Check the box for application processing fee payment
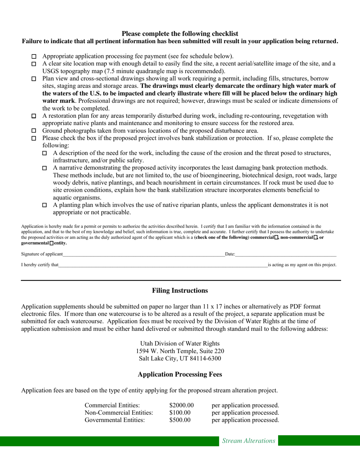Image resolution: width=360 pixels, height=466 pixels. tap(34, 57)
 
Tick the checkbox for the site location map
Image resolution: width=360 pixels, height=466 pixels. tap(34, 64)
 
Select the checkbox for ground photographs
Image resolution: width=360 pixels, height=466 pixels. tap(34, 131)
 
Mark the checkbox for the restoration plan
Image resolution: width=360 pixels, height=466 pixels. tap(34, 116)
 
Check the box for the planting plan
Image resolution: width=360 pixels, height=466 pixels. tap(44, 205)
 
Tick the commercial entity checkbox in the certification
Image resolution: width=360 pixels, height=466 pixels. tap(276, 237)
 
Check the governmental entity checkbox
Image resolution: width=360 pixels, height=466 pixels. tap(52, 243)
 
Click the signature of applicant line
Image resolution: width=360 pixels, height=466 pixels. tap(144, 255)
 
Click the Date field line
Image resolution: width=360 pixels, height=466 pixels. tap(286, 255)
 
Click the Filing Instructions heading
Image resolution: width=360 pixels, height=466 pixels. tap(180, 291)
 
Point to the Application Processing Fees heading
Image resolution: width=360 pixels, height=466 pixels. tap(180, 374)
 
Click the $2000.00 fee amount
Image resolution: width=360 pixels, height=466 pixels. tap(182, 405)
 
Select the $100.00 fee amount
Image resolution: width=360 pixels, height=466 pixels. tap(180, 413)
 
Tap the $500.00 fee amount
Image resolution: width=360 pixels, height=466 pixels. tap(180, 420)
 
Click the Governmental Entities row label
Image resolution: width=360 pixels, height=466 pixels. tap(115, 420)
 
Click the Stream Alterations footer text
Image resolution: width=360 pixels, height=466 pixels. tap(249, 441)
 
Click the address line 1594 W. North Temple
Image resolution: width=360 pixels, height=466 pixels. tap(180, 351)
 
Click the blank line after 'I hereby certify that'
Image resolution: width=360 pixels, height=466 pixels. tap(163, 265)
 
